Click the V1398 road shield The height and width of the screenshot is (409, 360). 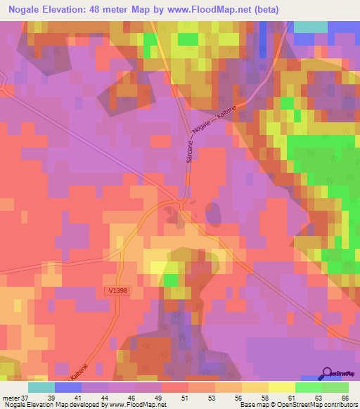[x=118, y=290]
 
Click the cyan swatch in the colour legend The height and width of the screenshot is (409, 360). [x=41, y=387]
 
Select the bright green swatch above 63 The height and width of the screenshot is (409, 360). [x=307, y=387]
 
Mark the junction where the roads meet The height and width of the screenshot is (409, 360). [x=184, y=202]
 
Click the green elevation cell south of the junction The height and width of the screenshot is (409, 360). [x=171, y=280]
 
